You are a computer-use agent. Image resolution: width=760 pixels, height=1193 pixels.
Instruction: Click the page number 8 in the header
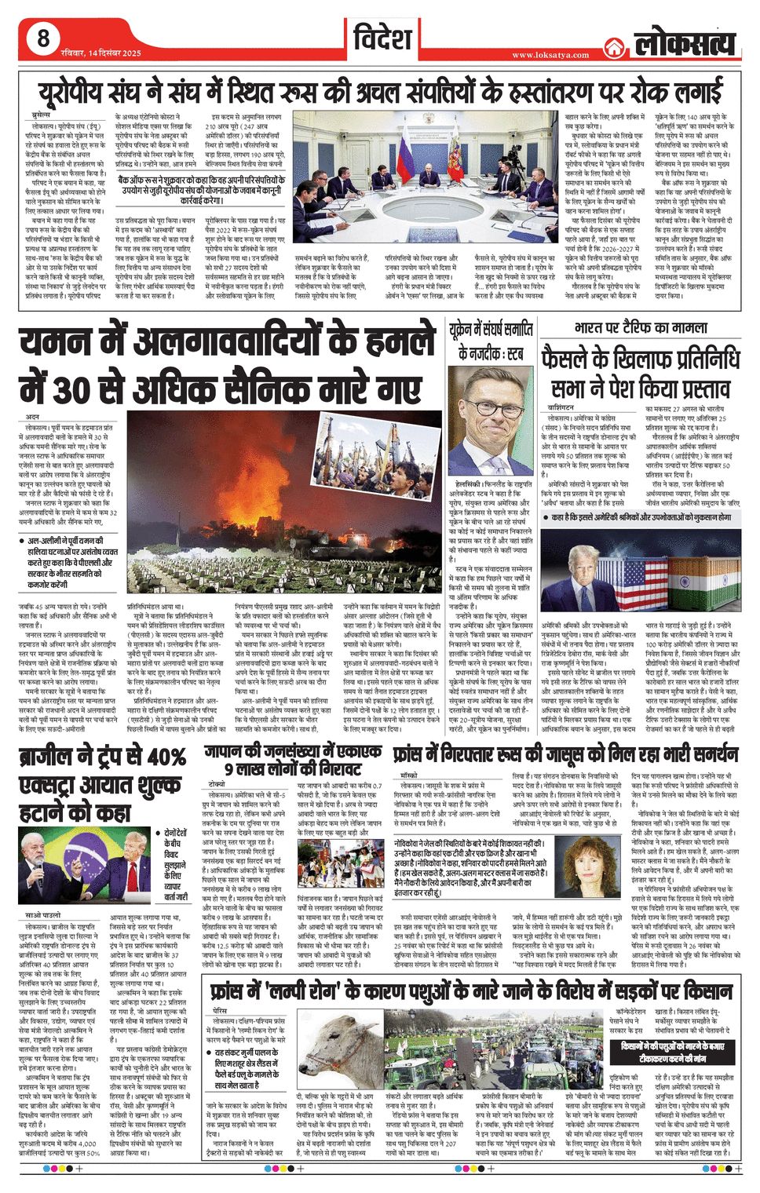[x=42, y=38]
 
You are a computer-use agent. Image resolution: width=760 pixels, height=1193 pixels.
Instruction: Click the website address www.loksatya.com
[x=550, y=55]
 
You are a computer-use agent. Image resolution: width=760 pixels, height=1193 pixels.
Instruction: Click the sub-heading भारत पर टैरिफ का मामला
[x=641, y=327]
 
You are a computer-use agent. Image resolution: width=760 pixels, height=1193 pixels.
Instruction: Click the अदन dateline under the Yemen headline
[x=32, y=417]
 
